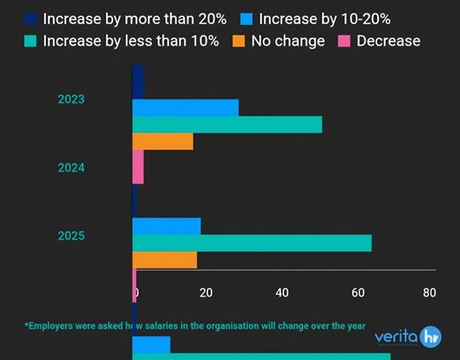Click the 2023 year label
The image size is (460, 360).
pos(72,99)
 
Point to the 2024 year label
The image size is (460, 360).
pos(72,167)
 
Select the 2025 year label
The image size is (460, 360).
pos(72,236)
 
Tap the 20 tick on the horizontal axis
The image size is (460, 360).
pos(206,293)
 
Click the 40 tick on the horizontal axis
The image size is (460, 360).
pos(282,293)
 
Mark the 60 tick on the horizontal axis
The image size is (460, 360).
pos(358,293)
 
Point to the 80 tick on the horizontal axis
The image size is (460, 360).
pos(430,293)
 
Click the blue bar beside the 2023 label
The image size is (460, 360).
pos(185,108)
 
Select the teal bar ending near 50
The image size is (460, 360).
pos(227,125)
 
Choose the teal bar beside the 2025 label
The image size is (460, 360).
pos(251,243)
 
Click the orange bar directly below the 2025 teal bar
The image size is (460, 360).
pos(164,260)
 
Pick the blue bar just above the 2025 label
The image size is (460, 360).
pos(166,226)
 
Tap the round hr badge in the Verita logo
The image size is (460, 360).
pos(430,337)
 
